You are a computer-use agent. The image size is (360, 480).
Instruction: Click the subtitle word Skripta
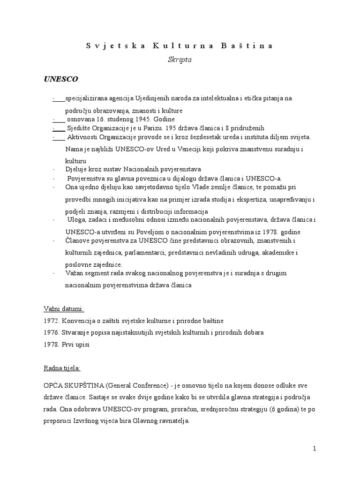point(180,60)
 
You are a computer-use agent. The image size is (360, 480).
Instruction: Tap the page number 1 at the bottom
point(315,449)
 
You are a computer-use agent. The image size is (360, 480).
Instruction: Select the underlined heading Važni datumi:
point(63,309)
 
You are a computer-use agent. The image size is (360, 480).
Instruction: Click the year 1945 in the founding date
point(149,120)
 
